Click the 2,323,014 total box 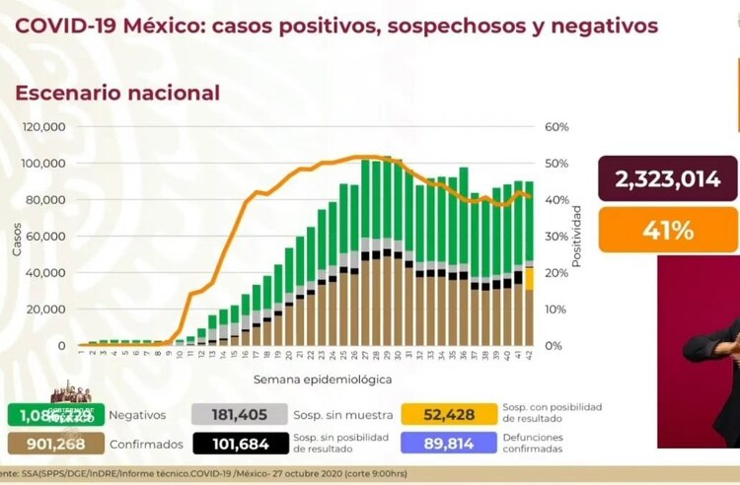[x=667, y=178]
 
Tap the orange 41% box [x=667, y=230]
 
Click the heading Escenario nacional [x=116, y=93]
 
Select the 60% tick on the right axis [x=555, y=127]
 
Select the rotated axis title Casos [x=16, y=237]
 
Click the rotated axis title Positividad [x=577, y=237]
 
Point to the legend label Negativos [x=137, y=415]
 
